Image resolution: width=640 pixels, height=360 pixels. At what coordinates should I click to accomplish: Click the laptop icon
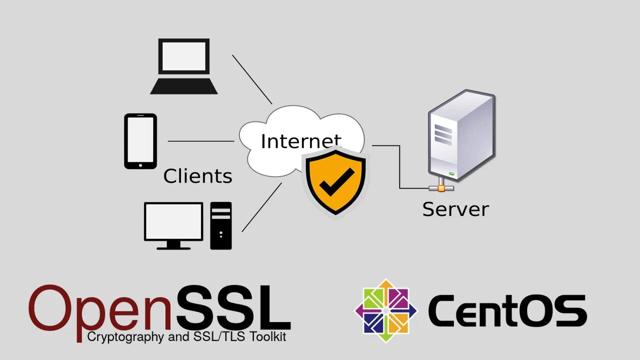coord(183,66)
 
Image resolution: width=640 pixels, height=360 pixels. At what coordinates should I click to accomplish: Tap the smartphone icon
coord(140,140)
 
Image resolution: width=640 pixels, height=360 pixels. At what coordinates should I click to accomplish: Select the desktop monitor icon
coord(173,224)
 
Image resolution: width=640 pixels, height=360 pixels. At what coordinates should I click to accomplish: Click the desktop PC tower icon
coord(221,225)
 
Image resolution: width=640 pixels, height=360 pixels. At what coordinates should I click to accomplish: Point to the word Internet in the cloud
coord(300,141)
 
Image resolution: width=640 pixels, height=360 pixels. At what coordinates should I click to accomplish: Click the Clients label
coord(197,176)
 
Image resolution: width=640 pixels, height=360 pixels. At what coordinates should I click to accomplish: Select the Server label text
coord(455,208)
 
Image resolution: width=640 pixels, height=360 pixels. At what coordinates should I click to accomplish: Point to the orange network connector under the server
coord(440,188)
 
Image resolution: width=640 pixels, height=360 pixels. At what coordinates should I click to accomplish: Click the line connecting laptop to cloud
coord(252,79)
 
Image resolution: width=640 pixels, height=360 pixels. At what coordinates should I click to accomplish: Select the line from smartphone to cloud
coord(200,141)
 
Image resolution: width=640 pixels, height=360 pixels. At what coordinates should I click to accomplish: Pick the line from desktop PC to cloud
coord(261,207)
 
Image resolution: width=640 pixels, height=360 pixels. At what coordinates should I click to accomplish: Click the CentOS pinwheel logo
coord(385,310)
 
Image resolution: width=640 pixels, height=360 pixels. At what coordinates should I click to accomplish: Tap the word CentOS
coord(507,311)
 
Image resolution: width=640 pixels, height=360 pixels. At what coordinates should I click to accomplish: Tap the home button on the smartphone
coord(140,164)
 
